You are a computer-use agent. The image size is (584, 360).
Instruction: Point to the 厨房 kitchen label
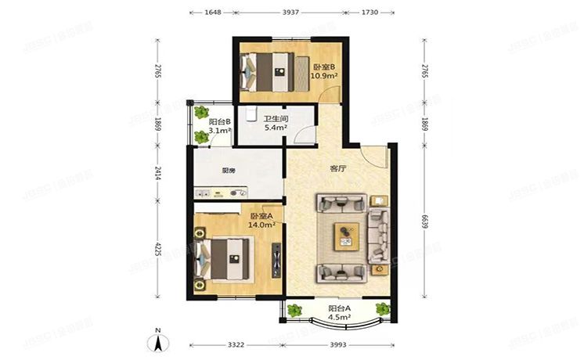[229, 171]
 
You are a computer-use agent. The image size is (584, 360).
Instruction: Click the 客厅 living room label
[337, 168]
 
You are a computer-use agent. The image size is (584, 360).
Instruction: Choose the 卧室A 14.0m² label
[261, 220]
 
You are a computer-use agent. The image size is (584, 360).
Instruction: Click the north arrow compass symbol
[157, 340]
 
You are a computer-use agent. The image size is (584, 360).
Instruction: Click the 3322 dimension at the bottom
[237, 345]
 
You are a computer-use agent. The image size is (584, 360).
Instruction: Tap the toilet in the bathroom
[248, 116]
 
